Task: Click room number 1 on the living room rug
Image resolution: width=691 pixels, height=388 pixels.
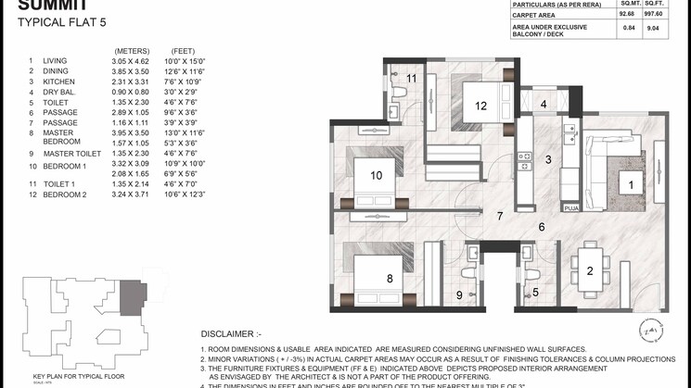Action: pyautogui.click(x=632, y=185)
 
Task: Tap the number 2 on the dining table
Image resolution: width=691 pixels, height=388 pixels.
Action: pyautogui.click(x=589, y=270)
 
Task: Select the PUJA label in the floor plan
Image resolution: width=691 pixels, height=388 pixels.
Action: pyautogui.click(x=571, y=208)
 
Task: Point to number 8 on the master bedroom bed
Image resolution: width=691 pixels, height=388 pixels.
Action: pyautogui.click(x=390, y=277)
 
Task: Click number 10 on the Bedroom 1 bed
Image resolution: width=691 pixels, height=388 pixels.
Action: pyautogui.click(x=377, y=174)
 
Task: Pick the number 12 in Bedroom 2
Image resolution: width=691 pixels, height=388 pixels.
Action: pyautogui.click(x=480, y=106)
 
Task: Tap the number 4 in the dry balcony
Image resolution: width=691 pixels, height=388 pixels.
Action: pyautogui.click(x=544, y=105)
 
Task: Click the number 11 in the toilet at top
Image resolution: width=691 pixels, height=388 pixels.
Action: pyautogui.click(x=411, y=79)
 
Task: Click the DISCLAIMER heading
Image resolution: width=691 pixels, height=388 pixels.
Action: pyautogui.click(x=232, y=333)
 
